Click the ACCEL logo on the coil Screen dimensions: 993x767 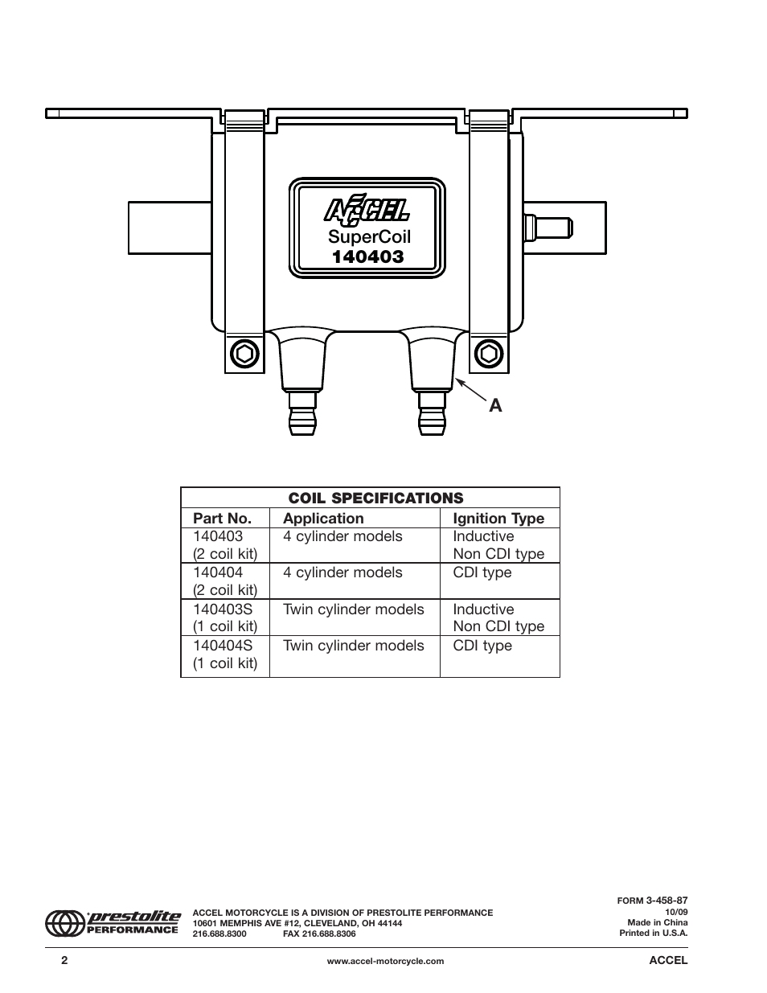(367, 210)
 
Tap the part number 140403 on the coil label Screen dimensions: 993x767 (368, 256)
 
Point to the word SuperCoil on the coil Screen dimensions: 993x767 (369, 237)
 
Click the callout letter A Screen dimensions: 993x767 (495, 406)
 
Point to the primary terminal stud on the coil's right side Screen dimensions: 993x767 (548, 226)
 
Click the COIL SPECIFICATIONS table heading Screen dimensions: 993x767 (370, 498)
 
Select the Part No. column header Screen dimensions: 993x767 (222, 519)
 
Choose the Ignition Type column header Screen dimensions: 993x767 (498, 519)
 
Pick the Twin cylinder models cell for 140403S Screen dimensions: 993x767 (353, 609)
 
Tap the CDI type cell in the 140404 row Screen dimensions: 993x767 (482, 572)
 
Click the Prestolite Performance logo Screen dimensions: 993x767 (113, 922)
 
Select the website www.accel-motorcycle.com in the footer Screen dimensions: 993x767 (385, 961)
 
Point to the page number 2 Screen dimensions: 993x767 (64, 961)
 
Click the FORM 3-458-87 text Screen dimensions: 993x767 (652, 901)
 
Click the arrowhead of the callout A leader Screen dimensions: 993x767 (456, 378)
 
